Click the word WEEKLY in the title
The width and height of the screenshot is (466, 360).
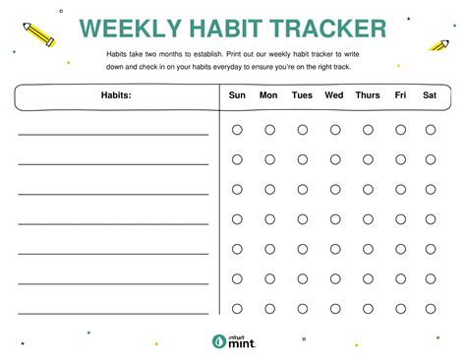tap(131, 29)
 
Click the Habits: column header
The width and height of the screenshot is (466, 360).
tap(116, 95)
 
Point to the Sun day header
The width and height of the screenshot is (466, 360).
tap(237, 95)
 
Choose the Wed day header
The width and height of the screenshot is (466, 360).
tap(334, 95)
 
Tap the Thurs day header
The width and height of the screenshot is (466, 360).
tap(368, 95)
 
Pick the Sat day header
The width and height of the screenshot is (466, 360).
tap(430, 95)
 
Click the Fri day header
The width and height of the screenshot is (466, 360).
tap(400, 95)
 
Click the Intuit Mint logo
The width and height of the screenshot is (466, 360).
tap(234, 341)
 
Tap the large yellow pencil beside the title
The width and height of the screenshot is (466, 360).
tap(39, 34)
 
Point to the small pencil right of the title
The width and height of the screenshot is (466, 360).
tap(439, 45)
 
